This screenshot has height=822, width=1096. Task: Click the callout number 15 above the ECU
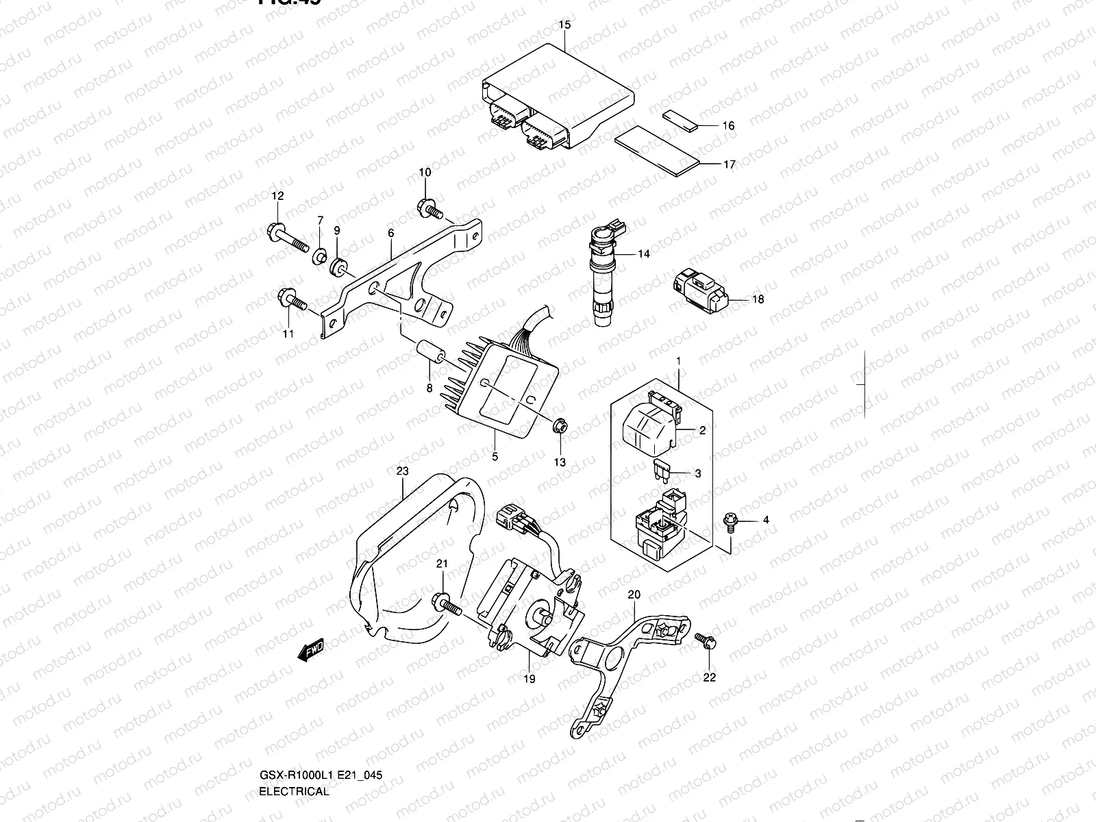click(x=564, y=25)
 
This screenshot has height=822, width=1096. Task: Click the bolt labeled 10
click(x=430, y=207)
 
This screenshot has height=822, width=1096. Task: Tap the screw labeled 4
click(x=730, y=521)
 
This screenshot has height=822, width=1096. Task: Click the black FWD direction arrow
click(x=310, y=651)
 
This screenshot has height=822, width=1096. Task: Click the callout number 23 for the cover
click(x=402, y=471)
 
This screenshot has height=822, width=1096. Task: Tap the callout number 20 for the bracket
click(x=634, y=594)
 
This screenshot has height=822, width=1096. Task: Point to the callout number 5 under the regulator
click(x=495, y=457)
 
